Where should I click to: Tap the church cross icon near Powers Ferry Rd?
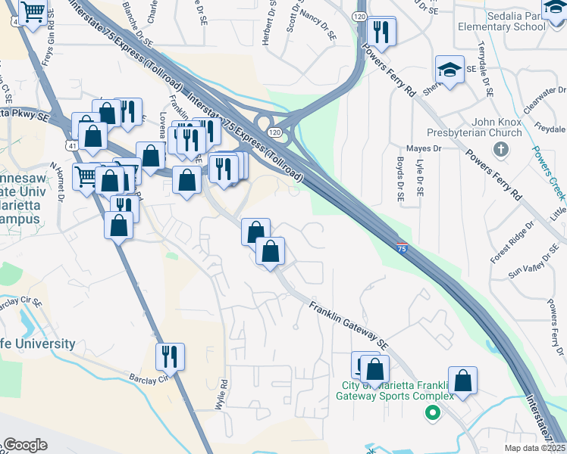tap(500, 148)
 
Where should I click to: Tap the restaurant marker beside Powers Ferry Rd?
tap(380, 31)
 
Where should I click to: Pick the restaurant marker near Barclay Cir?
tap(170, 356)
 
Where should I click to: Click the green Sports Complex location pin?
tap(433, 412)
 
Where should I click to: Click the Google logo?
tap(24, 445)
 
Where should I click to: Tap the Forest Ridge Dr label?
tap(512, 243)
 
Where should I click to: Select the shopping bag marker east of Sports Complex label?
tap(462, 381)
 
